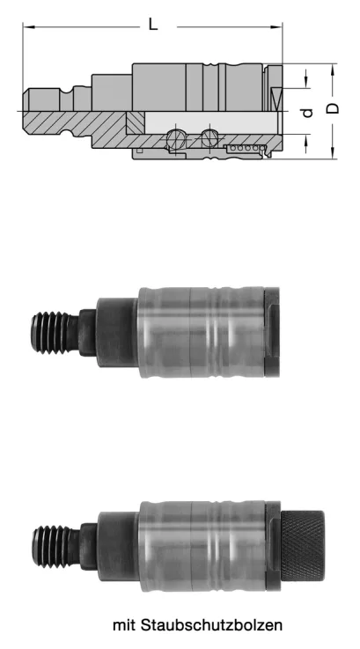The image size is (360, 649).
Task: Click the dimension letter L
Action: [153, 26]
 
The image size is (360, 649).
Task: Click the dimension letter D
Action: [332, 109]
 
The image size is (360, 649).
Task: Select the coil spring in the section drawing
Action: [246, 149]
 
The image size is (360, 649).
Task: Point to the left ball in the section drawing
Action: [178, 136]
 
